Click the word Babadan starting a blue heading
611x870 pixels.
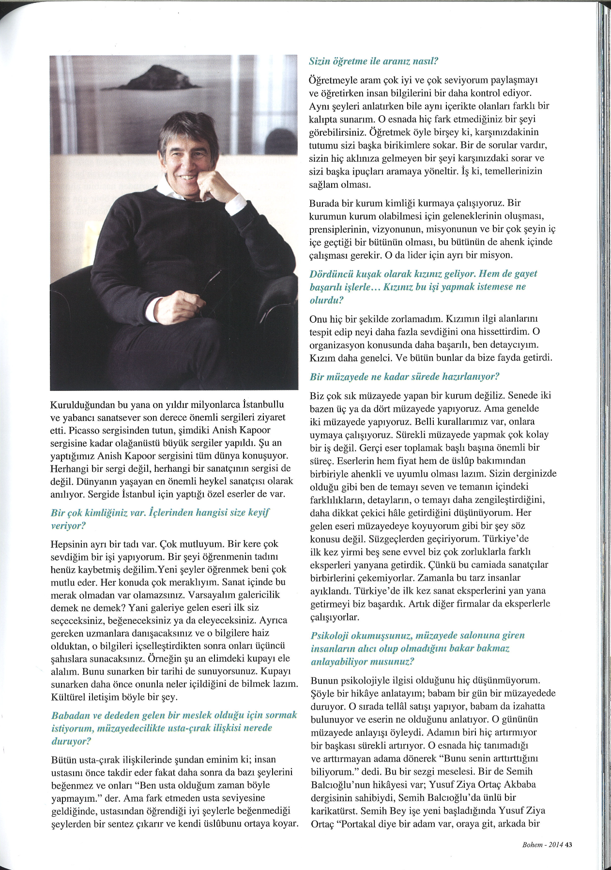pos(69,715)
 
